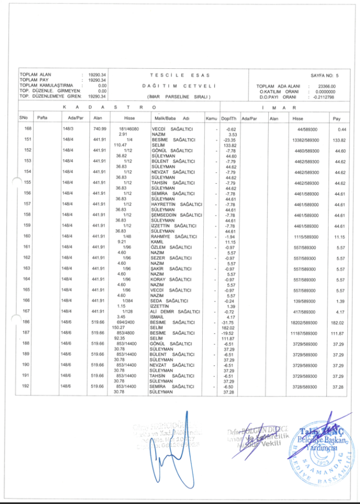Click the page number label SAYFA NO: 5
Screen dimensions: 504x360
pos(329,74)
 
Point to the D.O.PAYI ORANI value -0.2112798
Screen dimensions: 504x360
pos(324,97)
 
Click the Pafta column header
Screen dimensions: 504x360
pos(42,119)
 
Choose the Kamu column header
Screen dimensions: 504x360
pos(211,119)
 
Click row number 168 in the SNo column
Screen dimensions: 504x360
pos(27,129)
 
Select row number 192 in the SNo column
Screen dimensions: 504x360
pos(27,386)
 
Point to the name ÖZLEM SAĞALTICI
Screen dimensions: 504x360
pos(172,247)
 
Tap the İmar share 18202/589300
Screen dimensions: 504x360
pos(301,322)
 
